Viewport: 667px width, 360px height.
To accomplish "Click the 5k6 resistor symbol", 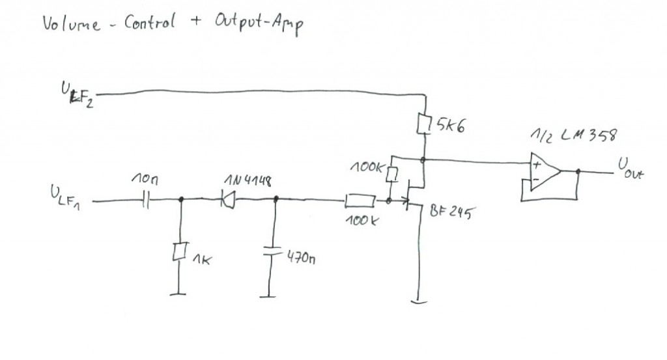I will (x=424, y=123).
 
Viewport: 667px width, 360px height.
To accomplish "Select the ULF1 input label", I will (x=66, y=195).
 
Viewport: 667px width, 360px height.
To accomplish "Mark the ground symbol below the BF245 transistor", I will (x=417, y=301).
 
